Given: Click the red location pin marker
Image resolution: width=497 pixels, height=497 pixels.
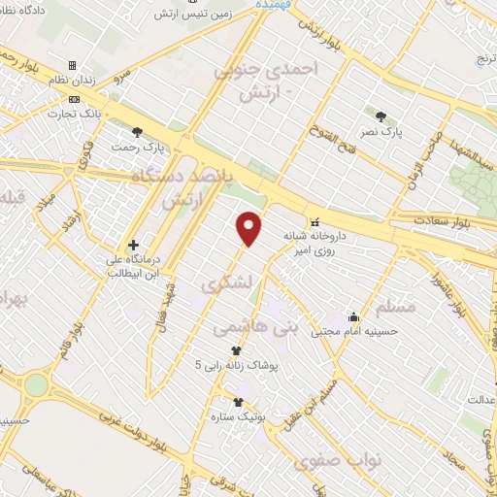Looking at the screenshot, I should pyautogui.click(x=250, y=229).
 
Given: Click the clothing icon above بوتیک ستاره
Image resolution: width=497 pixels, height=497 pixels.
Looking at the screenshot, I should pyautogui.click(x=238, y=401).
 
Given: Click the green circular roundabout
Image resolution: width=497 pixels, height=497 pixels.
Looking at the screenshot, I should pyautogui.click(x=36, y=385).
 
